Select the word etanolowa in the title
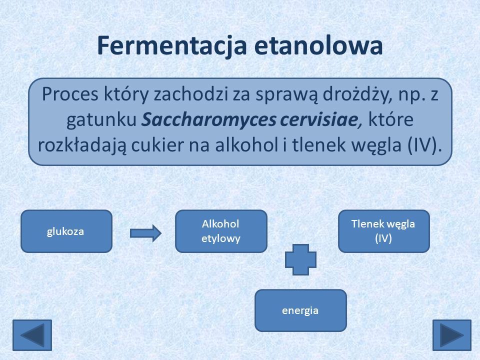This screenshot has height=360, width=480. tap(318, 45)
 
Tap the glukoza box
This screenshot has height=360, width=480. tap(66, 231)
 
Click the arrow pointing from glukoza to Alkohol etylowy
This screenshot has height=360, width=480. tap(145, 233)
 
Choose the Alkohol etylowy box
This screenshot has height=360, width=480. tap(221, 231)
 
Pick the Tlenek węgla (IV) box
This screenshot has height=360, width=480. tap(384, 231)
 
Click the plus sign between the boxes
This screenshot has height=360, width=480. tap(300, 259)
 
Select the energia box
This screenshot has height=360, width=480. tap(300, 310)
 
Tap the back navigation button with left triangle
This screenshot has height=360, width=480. tap(32, 335)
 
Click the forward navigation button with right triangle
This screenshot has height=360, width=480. tap(452, 335)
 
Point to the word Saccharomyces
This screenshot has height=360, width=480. tap(209, 120)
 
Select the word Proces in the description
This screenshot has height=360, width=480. tap(70, 94)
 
